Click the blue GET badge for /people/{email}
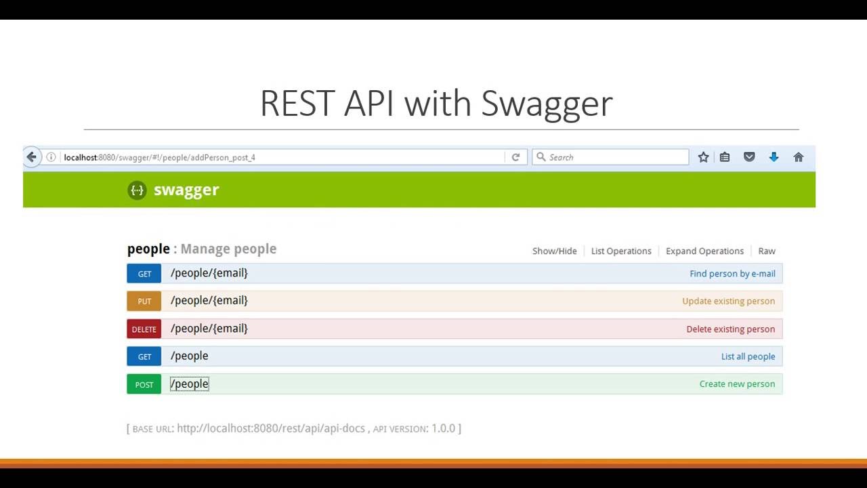pos(144,273)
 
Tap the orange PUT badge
pos(144,301)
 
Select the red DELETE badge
pos(144,329)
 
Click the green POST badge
pos(144,384)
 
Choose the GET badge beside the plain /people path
pos(144,357)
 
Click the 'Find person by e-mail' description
pos(732,274)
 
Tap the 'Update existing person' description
pos(728,301)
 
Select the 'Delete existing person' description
pos(730,329)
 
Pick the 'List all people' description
pos(748,357)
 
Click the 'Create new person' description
pos(737,384)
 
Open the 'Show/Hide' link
pos(554,251)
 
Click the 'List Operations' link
pos(621,251)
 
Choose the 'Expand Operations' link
pos(704,251)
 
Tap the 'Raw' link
pos(767,251)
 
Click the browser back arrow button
pos(31,157)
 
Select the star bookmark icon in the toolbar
pos(703,157)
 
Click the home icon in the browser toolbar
pos(799,157)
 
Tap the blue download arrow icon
pos(774,157)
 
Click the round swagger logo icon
pos(137,190)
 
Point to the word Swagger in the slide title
pos(547,104)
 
